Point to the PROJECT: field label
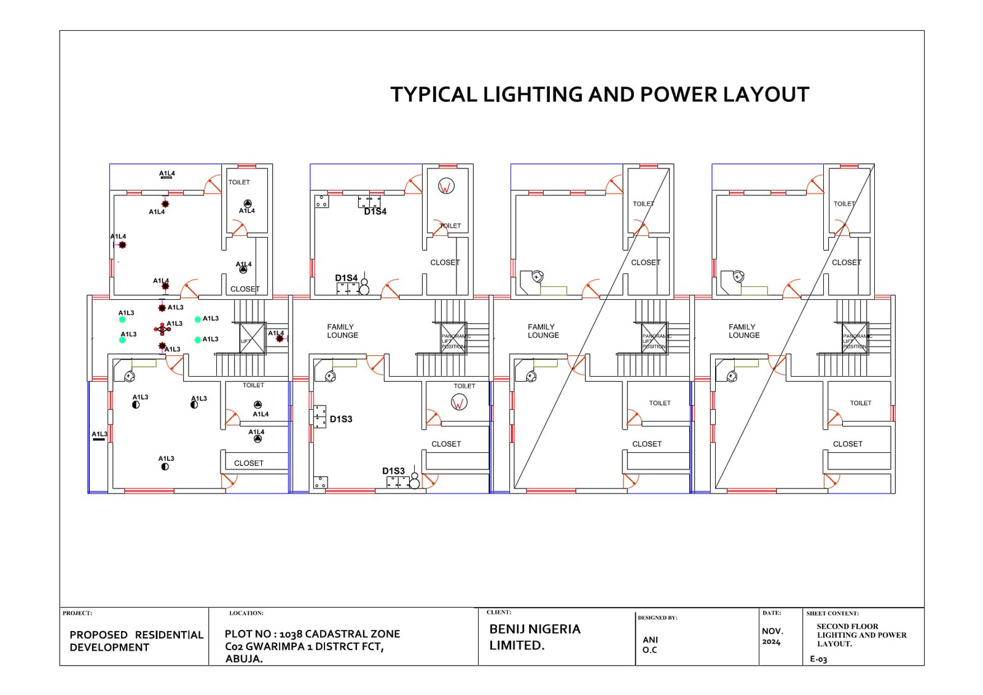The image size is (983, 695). tap(77, 613)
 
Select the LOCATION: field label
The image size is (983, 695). tap(246, 613)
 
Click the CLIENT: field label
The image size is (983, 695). tap(499, 613)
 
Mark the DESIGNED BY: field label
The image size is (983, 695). tap(657, 618)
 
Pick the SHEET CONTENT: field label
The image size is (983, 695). tap(832, 613)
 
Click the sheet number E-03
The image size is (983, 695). tap(818, 659)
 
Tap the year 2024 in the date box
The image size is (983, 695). tap(771, 642)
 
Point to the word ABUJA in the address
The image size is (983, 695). tap(244, 659)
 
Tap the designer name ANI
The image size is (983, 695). tap(650, 640)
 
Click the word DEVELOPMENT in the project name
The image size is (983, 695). tap(109, 648)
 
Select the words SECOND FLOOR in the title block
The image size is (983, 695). tap(847, 627)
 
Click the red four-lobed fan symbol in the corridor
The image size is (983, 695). tap(162, 329)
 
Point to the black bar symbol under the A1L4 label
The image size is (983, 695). tap(166, 178)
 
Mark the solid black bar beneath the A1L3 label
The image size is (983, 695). tap(98, 440)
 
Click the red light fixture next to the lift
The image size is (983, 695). tap(280, 339)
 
